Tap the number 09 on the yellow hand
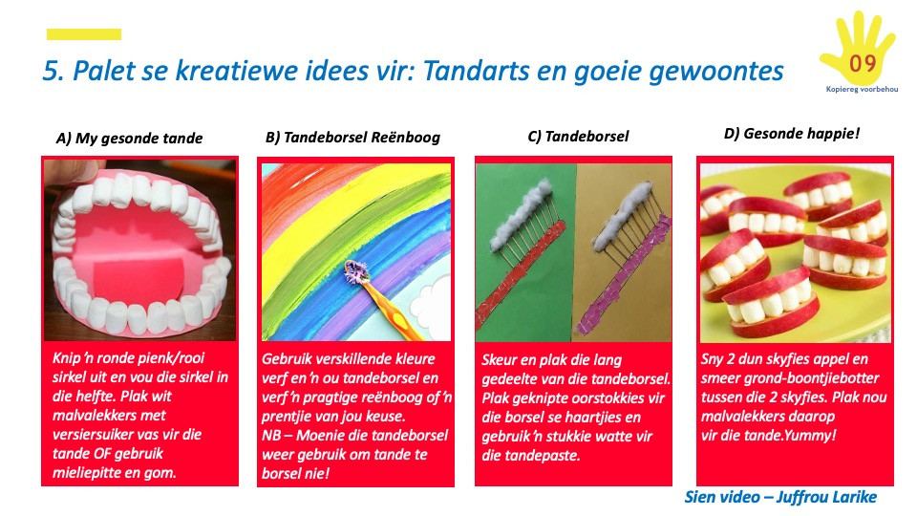[863, 63]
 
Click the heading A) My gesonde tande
[129, 139]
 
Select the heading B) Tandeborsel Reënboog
[352, 138]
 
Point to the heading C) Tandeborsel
[578, 137]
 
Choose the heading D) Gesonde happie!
[792, 134]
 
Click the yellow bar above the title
[84, 34]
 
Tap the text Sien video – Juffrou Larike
[780, 497]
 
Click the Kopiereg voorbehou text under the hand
[862, 90]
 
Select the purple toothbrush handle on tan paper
[623, 275]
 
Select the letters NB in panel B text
[271, 436]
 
